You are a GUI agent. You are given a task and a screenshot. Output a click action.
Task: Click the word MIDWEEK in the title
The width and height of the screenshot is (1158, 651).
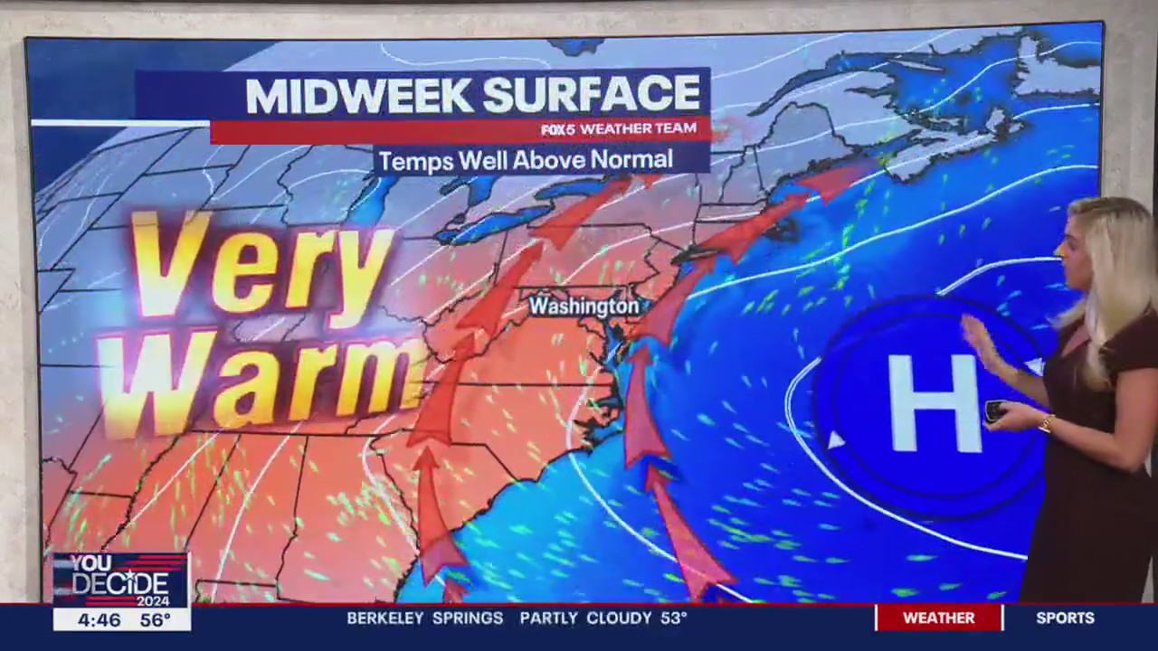[357, 96]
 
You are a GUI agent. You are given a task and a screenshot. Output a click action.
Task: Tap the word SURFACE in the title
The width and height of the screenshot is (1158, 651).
[592, 94]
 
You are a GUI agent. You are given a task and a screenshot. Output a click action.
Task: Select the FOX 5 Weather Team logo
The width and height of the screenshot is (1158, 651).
[619, 129]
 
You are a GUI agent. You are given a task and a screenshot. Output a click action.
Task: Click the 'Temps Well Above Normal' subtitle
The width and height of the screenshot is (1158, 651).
[526, 161]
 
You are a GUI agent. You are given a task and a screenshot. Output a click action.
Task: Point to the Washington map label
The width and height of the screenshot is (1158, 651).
[584, 307]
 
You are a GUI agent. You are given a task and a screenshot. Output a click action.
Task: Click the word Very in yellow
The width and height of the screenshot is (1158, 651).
[262, 263]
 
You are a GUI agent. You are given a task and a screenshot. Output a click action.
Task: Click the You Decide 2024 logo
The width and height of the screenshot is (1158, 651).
[120, 580]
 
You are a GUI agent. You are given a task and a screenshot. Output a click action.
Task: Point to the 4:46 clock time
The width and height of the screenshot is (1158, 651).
[99, 620]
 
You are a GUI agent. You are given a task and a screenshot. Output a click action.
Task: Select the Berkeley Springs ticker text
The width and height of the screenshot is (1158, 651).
[424, 618]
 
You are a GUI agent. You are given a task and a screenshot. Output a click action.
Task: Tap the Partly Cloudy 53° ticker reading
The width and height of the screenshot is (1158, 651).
[603, 618]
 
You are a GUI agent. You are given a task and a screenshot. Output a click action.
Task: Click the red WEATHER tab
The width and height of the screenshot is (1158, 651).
[938, 618]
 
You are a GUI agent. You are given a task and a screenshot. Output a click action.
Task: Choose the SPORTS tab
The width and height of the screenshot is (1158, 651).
[1065, 618]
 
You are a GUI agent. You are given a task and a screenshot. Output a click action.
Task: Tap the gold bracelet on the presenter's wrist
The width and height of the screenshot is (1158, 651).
[1047, 423]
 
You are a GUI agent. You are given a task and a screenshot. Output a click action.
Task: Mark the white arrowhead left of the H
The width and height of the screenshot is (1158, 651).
[835, 440]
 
